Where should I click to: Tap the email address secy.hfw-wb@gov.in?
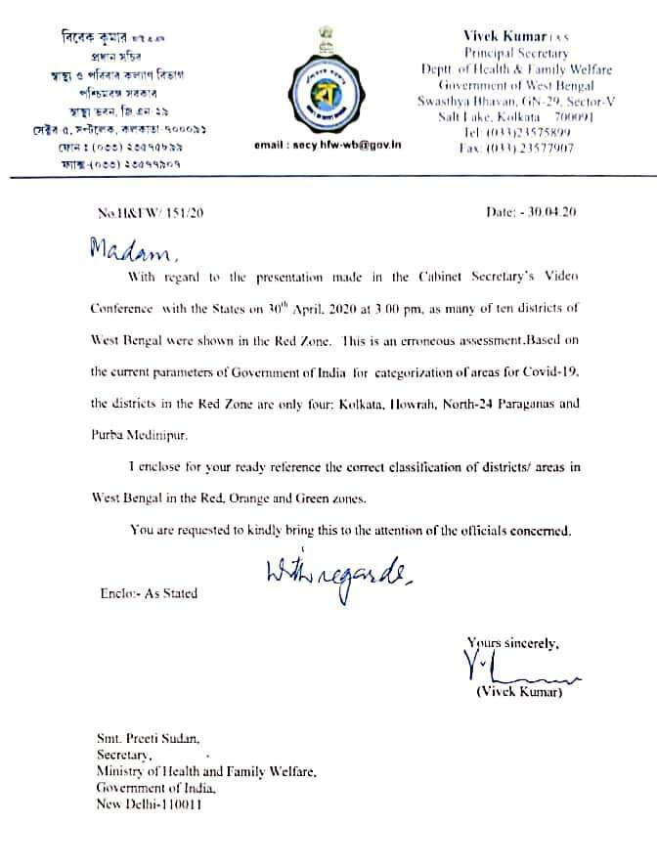pos(328,144)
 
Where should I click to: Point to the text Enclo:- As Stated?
pos(148,593)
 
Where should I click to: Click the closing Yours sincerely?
pos(513,643)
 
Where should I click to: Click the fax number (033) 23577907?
pos(516,149)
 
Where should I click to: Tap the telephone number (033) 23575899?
pos(517,133)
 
